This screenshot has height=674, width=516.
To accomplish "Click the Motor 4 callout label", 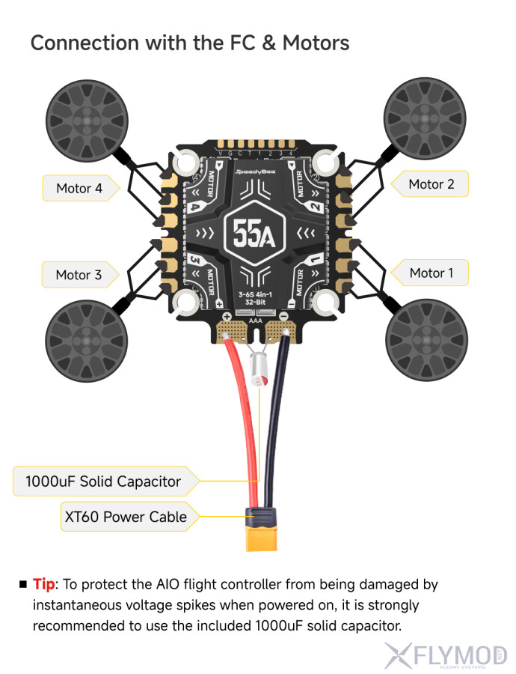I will click(79, 188).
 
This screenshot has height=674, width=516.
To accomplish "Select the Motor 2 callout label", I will click(431, 183).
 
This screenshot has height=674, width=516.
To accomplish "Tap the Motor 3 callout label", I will click(79, 275).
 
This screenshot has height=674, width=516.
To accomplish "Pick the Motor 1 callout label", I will click(431, 273).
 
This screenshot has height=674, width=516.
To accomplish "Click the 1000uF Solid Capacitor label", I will click(103, 481).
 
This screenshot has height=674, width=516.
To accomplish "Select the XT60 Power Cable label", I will click(123, 516).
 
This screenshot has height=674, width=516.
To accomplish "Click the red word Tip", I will click(43, 584).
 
